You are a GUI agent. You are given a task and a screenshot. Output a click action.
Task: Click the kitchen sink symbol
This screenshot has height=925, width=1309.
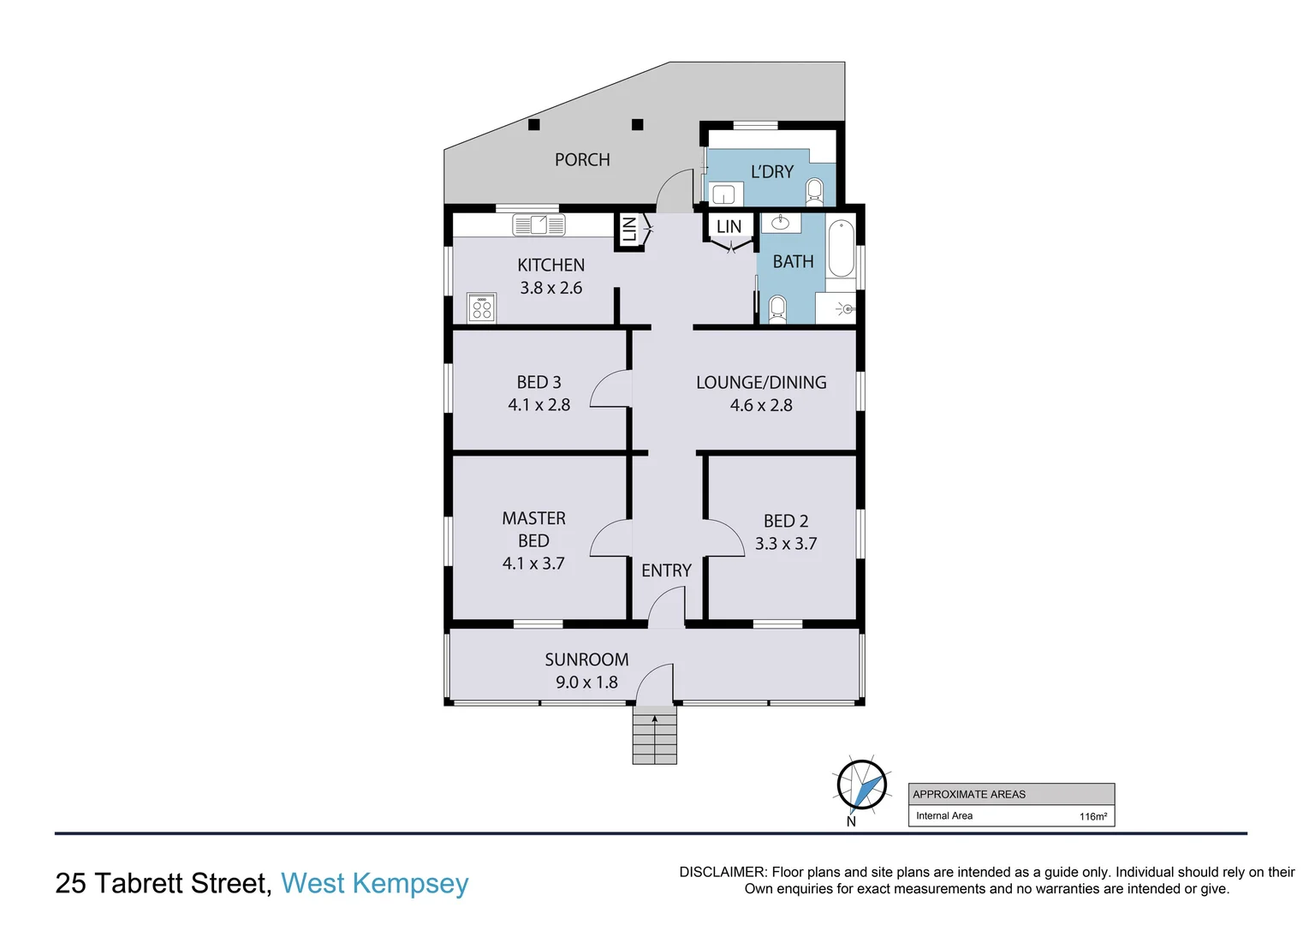pos(538,225)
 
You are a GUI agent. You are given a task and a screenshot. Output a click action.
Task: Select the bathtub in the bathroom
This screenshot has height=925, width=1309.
pos(842,248)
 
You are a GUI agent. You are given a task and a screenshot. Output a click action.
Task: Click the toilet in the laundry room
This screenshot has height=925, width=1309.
pos(814,191)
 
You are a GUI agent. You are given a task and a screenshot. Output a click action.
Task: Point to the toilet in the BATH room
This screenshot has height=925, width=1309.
pos(777,307)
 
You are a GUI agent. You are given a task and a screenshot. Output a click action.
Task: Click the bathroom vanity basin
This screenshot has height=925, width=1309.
pos(781,224)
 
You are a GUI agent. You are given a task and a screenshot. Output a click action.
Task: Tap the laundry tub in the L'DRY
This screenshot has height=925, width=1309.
pos(723,194)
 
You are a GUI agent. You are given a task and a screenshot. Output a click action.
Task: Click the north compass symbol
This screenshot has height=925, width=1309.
pos(861,785)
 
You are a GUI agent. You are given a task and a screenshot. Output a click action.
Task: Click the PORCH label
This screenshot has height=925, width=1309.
pos(582,160)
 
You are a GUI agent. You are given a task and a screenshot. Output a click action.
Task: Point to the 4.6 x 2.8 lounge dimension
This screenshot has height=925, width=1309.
pos(761,405)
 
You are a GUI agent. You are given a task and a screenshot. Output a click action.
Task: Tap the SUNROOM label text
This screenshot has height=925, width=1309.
pos(586,659)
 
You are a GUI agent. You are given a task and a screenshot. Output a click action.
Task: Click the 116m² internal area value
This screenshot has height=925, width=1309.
pos(1092,816)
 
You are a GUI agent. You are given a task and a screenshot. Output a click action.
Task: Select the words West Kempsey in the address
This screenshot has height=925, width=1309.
pos(375,883)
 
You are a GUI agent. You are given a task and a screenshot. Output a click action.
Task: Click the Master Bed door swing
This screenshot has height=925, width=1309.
pos(611,538)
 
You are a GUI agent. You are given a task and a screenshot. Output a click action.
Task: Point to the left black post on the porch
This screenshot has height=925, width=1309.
pos(534,125)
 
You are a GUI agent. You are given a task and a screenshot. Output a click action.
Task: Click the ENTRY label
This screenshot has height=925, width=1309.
pos(666,570)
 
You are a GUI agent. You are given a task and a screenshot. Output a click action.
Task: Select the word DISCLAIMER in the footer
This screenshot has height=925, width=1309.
pos(721,872)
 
